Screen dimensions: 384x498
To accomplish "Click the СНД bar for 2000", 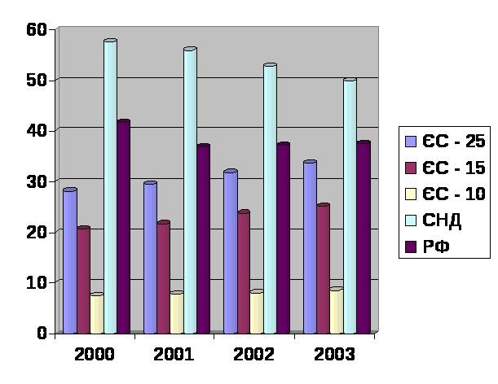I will [110, 187].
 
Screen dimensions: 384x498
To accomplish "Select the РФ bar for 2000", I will [123, 227].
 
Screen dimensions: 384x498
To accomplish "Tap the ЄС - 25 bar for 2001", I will [150, 258].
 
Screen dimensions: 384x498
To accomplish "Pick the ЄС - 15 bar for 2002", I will [243, 273].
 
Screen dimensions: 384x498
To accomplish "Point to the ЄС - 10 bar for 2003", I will [336, 312].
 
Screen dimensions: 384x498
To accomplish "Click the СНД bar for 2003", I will [350, 207].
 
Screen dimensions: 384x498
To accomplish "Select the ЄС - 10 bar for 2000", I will [96, 314].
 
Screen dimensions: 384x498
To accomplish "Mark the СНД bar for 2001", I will [190, 191].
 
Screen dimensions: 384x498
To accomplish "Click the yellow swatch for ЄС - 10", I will [412, 194].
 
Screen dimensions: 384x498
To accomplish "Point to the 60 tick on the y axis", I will [37, 29].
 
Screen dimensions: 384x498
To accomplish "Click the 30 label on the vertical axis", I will [37, 181].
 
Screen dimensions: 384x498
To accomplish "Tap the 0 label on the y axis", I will [42, 332].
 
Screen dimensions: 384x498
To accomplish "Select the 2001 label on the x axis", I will [174, 355].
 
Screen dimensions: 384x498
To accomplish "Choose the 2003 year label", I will [334, 355].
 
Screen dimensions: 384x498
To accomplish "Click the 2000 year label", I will [94, 355].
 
